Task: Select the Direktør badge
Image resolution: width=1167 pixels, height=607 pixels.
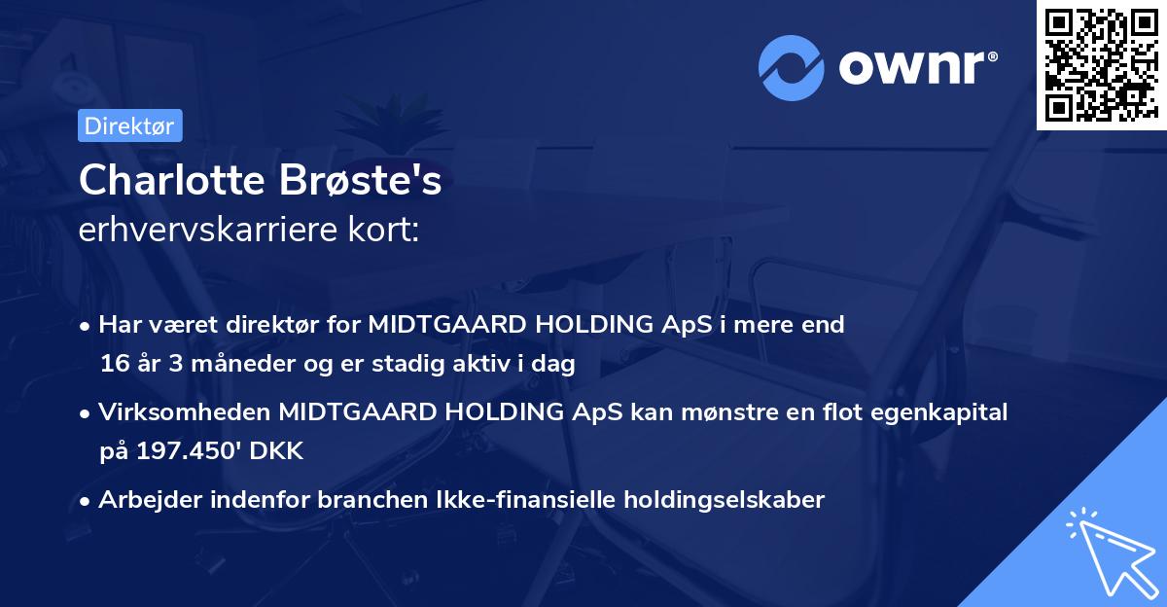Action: pos(128,126)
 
